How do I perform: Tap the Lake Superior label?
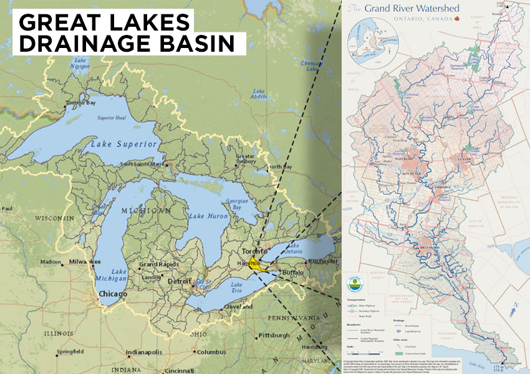click(x=123, y=144)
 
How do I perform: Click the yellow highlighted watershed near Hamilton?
click(x=254, y=263)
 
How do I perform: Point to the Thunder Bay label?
click(x=81, y=103)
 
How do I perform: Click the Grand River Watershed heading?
click(x=411, y=9)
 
